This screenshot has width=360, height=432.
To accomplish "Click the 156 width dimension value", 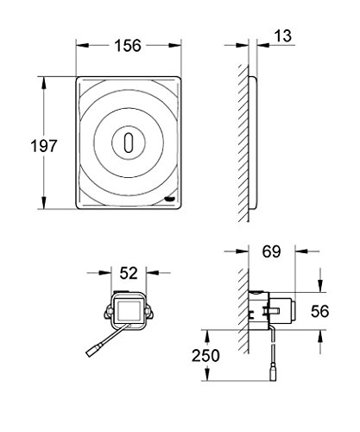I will [x=129, y=44].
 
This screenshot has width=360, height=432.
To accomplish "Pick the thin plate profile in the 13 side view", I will [x=256, y=142].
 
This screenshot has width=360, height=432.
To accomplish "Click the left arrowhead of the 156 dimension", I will [x=79, y=44].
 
